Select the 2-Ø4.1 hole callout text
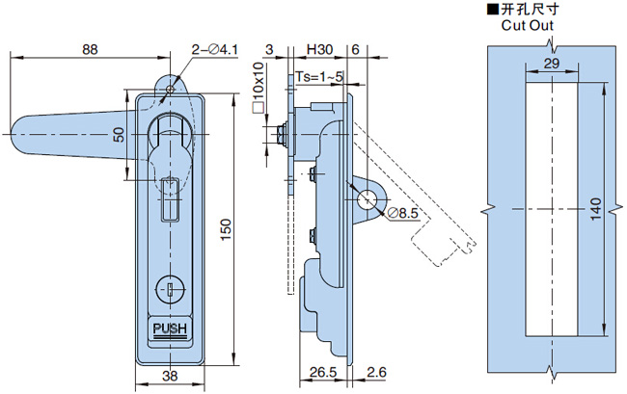point(214,48)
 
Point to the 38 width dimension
point(170,376)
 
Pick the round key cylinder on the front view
point(169,287)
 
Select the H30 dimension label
point(319,48)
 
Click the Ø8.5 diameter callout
point(402,214)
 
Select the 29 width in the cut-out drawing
point(552,63)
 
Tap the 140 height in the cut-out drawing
point(594,208)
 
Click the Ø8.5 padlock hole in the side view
point(368,198)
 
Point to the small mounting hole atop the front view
point(170,90)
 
